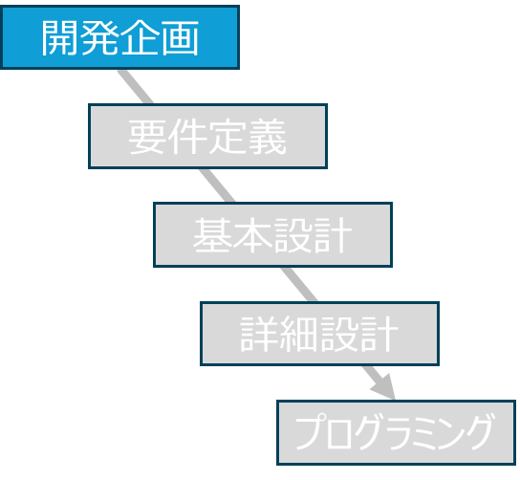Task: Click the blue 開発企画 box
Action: point(119,37)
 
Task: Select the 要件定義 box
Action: point(208,137)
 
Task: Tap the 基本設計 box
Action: point(273,235)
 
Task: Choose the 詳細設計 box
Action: point(319,334)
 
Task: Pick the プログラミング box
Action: point(397,432)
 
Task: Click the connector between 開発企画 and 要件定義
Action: point(136,87)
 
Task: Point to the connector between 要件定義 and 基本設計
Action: point(217,185)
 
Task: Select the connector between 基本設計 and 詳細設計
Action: point(299,284)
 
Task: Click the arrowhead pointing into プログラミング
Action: point(384,387)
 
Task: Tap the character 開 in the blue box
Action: point(60,37)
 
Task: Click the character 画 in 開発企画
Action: point(180,37)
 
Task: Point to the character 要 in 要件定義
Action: point(147,137)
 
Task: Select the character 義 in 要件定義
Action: point(268,137)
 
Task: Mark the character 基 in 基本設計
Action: point(212,235)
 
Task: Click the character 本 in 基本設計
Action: point(252,235)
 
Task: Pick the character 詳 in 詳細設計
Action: point(259,334)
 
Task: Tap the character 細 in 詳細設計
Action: point(299,334)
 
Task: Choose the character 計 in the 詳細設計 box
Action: point(379,334)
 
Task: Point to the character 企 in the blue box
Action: point(140,37)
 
